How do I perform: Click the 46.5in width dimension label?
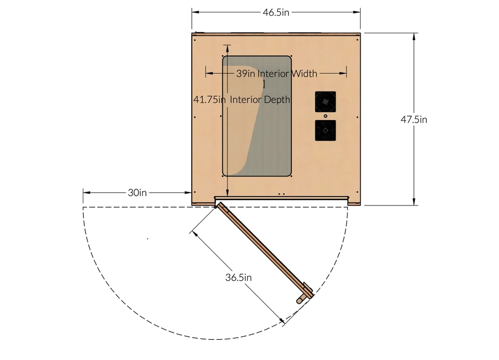276,12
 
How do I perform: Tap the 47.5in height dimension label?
414,120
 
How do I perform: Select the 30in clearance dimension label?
137,192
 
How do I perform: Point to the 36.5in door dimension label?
239,278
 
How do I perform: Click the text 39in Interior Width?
277,74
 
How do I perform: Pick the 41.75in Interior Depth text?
242,100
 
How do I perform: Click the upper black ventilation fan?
325,102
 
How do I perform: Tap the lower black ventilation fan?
325,130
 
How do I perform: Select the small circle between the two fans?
325,116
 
